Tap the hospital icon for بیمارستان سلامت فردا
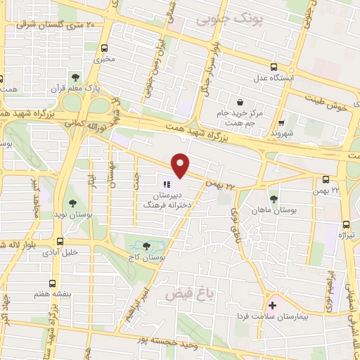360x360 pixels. [x=272, y=306]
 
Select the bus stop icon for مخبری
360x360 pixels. [x=105, y=49]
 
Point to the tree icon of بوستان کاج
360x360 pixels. [x=146, y=246]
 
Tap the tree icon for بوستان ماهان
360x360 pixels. [x=274, y=199]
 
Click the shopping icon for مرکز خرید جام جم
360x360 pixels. [x=240, y=103]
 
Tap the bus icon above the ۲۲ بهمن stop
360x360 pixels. [x=326, y=180]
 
